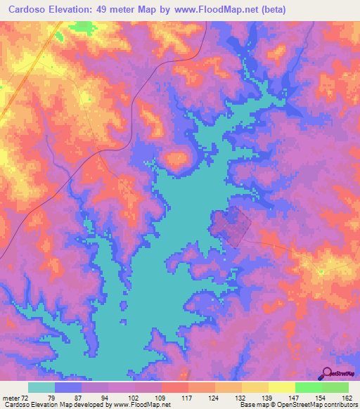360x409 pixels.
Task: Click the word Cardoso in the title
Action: (x=26, y=9)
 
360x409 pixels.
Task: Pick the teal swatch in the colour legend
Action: (x=41, y=387)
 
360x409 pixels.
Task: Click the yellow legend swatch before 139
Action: (x=255, y=387)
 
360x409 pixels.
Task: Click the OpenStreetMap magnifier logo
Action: (x=326, y=373)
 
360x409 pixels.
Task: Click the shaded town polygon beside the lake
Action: (x=231, y=226)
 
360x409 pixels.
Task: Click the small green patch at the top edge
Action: (x=83, y=27)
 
